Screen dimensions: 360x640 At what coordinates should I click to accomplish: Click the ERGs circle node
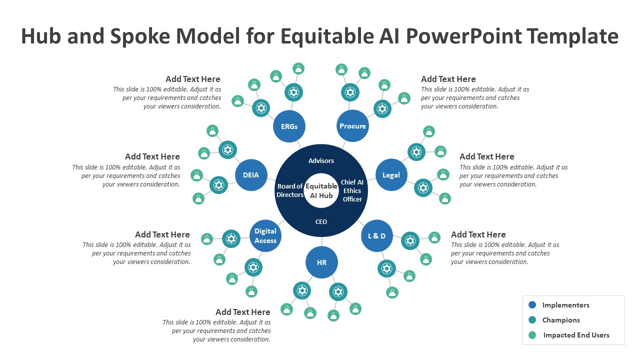[289, 126]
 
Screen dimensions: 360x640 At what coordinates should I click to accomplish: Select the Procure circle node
[353, 126]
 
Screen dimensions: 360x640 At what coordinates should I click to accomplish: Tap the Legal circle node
[391, 175]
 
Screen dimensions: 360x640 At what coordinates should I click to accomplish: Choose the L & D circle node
[377, 235]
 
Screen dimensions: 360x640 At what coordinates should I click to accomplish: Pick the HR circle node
[321, 262]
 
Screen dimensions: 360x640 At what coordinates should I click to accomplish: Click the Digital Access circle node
[265, 236]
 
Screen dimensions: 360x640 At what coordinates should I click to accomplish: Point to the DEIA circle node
[251, 175]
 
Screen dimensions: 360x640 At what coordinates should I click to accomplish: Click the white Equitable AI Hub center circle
[321, 191]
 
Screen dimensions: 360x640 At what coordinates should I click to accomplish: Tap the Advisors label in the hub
[321, 160]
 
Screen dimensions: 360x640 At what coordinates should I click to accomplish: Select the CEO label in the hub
[321, 221]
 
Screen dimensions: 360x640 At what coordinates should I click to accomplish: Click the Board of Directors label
[290, 190]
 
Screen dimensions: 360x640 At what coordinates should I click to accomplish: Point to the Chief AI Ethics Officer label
[352, 190]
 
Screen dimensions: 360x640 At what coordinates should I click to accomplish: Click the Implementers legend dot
[532, 305]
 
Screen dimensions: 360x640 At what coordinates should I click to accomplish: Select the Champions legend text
[561, 320]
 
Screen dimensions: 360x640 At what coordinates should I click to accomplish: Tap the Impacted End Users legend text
[576, 335]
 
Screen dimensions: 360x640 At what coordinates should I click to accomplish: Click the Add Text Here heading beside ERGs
[193, 79]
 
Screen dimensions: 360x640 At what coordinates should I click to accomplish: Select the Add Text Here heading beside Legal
[486, 156]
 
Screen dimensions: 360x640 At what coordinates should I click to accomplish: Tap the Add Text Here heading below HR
[243, 312]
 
